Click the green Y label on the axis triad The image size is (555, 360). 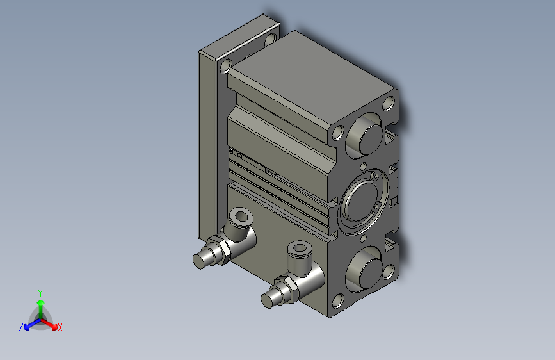point(40,292)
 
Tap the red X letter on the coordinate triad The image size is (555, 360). point(60,327)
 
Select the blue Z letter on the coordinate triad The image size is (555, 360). point(21,327)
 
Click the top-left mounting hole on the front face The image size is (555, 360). point(338,134)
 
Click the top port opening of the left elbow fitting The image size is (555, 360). point(241,216)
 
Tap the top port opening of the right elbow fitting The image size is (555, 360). point(299,249)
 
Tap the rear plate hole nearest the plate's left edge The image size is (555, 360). point(226,65)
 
